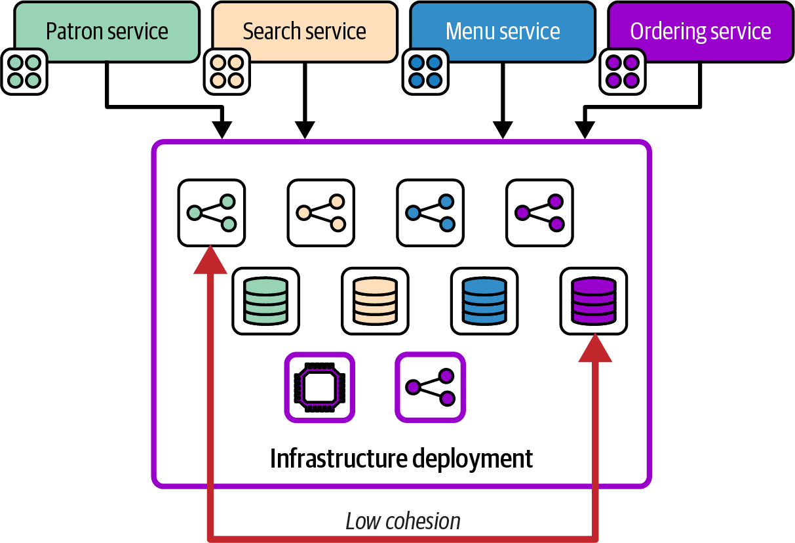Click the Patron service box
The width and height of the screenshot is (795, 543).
pyautogui.click(x=107, y=31)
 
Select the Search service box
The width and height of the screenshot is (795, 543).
pyautogui.click(x=305, y=31)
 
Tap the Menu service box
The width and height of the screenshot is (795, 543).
pyautogui.click(x=503, y=31)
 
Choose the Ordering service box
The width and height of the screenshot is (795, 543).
pyautogui.click(x=701, y=31)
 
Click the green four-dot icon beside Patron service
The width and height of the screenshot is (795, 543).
pyautogui.click(x=24, y=71)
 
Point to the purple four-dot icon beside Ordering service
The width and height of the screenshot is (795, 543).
pyautogui.click(x=622, y=71)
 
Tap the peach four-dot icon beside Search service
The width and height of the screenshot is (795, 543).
pyautogui.click(x=227, y=71)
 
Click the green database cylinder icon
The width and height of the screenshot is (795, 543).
pyautogui.click(x=265, y=300)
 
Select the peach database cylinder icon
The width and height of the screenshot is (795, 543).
pyautogui.click(x=375, y=300)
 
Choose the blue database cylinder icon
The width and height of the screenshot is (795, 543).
pyautogui.click(x=484, y=300)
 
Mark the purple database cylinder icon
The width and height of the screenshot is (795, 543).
pyautogui.click(x=593, y=300)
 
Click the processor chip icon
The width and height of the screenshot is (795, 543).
pyautogui.click(x=320, y=387)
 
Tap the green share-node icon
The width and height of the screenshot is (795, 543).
pyautogui.click(x=211, y=212)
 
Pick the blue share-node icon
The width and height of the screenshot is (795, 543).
pyautogui.click(x=430, y=212)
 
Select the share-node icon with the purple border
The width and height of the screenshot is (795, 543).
pyautogui.click(x=430, y=387)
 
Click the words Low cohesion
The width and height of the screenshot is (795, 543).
pyautogui.click(x=402, y=521)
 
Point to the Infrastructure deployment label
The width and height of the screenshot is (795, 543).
pyautogui.click(x=402, y=458)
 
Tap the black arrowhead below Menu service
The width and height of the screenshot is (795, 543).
pyautogui.click(x=503, y=129)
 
